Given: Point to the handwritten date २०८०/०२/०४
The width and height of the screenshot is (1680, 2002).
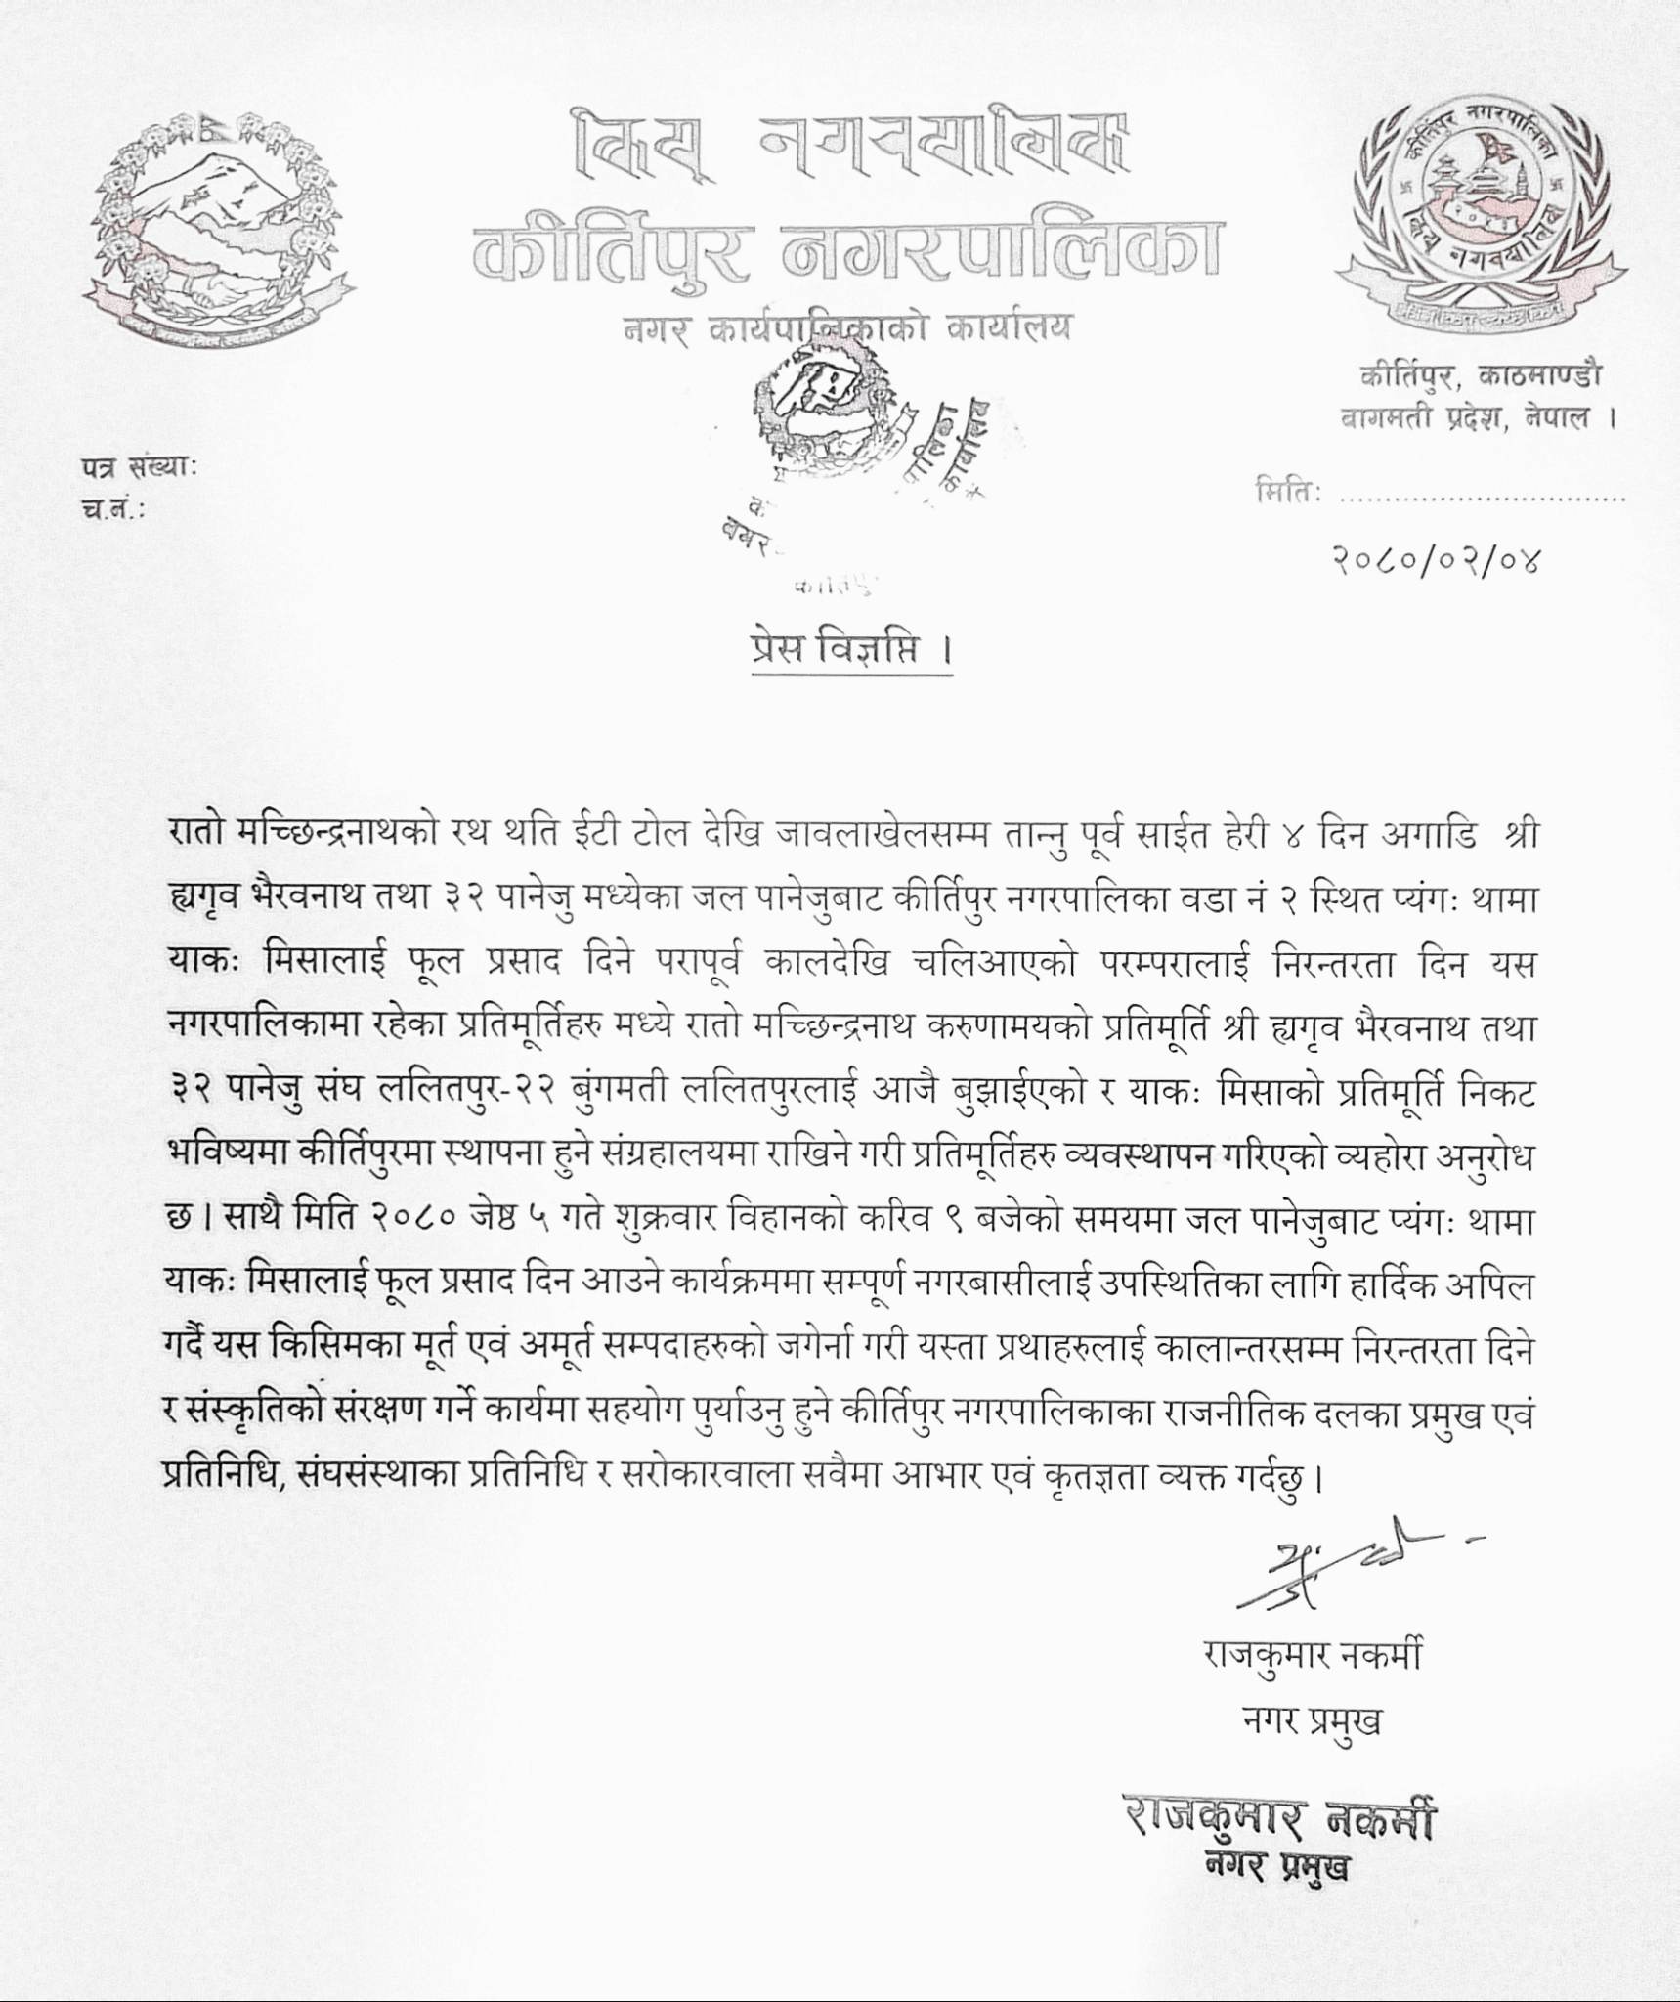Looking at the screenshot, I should coord(1435,560).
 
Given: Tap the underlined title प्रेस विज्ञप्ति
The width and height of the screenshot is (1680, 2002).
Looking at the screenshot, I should coord(843,651).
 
